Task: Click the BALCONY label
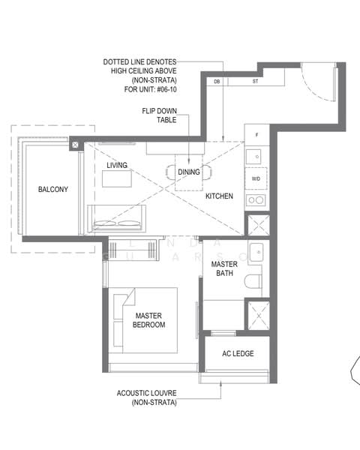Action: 52,190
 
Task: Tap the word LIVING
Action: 116,165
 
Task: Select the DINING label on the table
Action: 188,172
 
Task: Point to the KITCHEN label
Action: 219,196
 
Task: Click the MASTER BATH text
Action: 224,269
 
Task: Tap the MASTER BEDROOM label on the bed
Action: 149,320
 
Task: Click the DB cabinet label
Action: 217,81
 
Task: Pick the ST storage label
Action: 255,81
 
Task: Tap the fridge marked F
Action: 256,136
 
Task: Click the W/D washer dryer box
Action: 256,178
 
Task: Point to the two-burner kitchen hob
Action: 256,200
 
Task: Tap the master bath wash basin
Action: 256,253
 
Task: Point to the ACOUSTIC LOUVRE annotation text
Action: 147,397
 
